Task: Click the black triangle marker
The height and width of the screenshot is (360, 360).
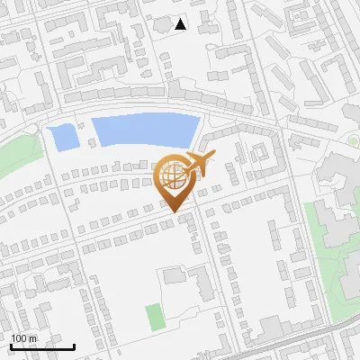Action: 180,24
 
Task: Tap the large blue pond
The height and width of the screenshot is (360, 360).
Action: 144,131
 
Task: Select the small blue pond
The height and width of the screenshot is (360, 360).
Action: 63,138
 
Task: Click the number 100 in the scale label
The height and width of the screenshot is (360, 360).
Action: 20,338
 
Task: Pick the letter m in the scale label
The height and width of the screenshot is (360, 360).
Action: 33,338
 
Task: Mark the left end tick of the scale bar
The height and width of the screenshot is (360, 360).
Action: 11,346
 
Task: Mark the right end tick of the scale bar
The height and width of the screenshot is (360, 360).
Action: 74,346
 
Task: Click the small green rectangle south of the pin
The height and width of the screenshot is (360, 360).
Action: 155,316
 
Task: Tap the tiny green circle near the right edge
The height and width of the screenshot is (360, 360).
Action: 353,140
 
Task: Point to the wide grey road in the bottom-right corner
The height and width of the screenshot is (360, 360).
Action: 306,339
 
